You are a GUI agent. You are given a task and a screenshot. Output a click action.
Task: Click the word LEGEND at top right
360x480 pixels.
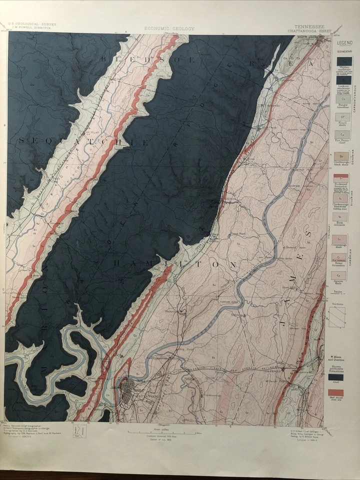coord(344,43)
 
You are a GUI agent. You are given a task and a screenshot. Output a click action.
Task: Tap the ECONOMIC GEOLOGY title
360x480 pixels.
coord(169,28)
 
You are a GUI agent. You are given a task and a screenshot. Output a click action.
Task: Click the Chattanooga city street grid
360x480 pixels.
coord(131,386)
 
